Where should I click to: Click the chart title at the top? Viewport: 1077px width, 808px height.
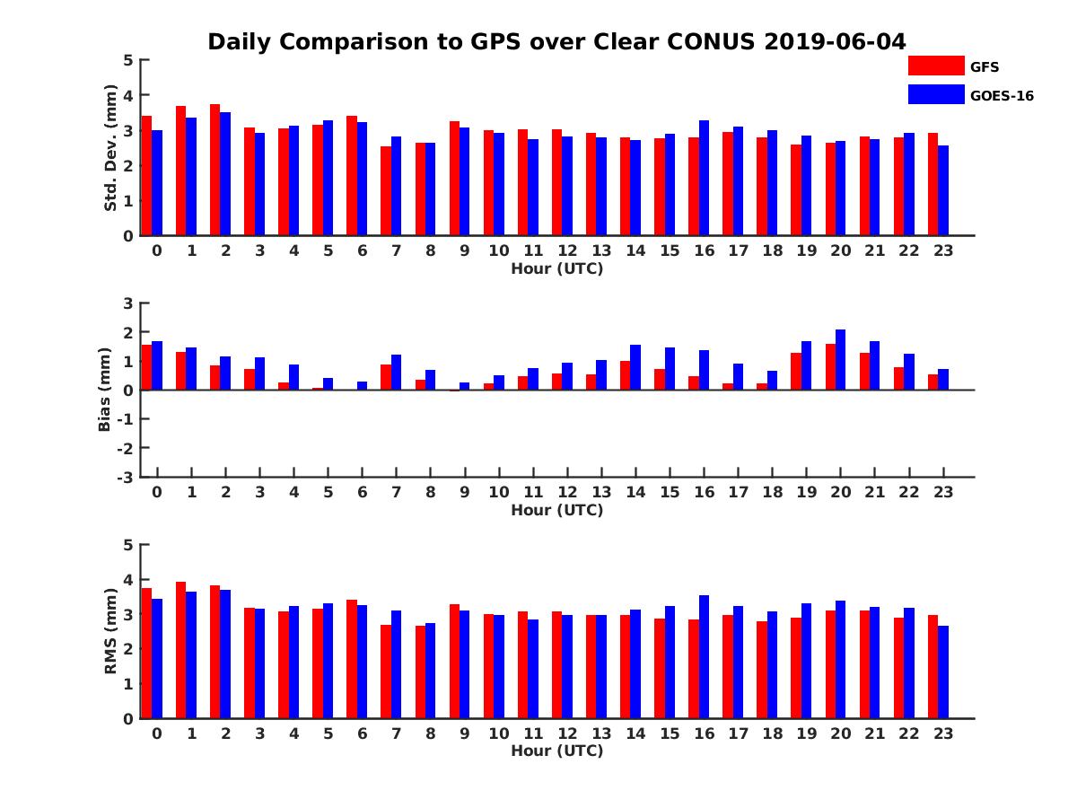(556, 41)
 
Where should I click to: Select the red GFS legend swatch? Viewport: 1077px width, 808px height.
(935, 66)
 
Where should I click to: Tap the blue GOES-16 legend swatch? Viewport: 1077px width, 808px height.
(935, 94)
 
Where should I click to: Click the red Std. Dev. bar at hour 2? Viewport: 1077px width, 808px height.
(215, 171)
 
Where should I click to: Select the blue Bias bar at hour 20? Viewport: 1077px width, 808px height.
(841, 360)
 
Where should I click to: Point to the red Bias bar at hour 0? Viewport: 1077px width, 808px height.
(147, 367)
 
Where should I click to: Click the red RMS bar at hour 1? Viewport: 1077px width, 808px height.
(181, 650)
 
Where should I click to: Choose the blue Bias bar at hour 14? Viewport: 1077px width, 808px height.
(636, 367)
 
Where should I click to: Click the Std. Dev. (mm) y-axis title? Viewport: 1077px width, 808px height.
(110, 148)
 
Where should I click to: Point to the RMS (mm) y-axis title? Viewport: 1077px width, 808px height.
(110, 631)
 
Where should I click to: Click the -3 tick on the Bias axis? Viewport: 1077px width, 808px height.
(126, 477)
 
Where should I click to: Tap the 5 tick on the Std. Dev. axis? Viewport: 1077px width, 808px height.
(129, 60)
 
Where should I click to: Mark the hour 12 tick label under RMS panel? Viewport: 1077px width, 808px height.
(567, 733)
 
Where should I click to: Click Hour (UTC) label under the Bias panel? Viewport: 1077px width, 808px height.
(556, 510)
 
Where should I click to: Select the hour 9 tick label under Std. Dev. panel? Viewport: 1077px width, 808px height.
(465, 250)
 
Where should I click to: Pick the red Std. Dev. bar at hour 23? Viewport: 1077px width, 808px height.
(933, 184)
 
